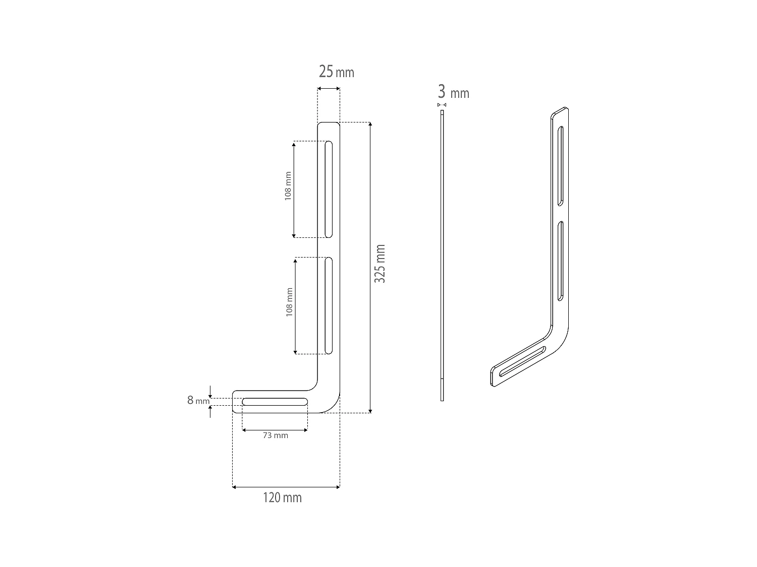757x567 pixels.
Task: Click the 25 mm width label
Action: pyautogui.click(x=336, y=72)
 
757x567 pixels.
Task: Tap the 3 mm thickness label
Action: pyautogui.click(x=453, y=92)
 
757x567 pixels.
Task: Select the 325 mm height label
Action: pyautogui.click(x=380, y=264)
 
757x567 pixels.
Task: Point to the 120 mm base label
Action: pyautogui.click(x=282, y=498)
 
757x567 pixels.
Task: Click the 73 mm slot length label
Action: pyautogui.click(x=275, y=435)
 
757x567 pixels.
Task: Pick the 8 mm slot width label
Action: pyautogui.click(x=198, y=400)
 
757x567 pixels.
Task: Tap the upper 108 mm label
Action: pyautogui.click(x=288, y=186)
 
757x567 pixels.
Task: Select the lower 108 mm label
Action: pyautogui.click(x=289, y=302)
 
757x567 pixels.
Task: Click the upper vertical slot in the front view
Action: pyautogui.click(x=329, y=190)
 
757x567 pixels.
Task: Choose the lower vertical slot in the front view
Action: pyautogui.click(x=329, y=306)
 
